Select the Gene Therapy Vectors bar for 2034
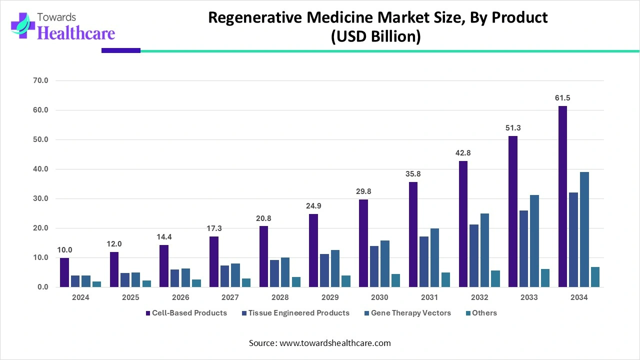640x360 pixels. [x=584, y=229]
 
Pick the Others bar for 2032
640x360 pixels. [x=495, y=278]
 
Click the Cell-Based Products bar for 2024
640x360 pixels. [x=64, y=272]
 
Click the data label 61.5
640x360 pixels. [x=562, y=98]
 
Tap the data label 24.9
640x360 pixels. [x=313, y=206]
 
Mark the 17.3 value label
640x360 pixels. [x=214, y=228]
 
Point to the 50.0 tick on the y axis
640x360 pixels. [x=39, y=139]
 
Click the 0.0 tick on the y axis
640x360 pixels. [x=41, y=287]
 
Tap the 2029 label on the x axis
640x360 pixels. [x=329, y=297]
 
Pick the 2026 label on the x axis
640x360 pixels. [x=180, y=297]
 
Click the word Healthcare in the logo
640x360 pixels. [x=76, y=32]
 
